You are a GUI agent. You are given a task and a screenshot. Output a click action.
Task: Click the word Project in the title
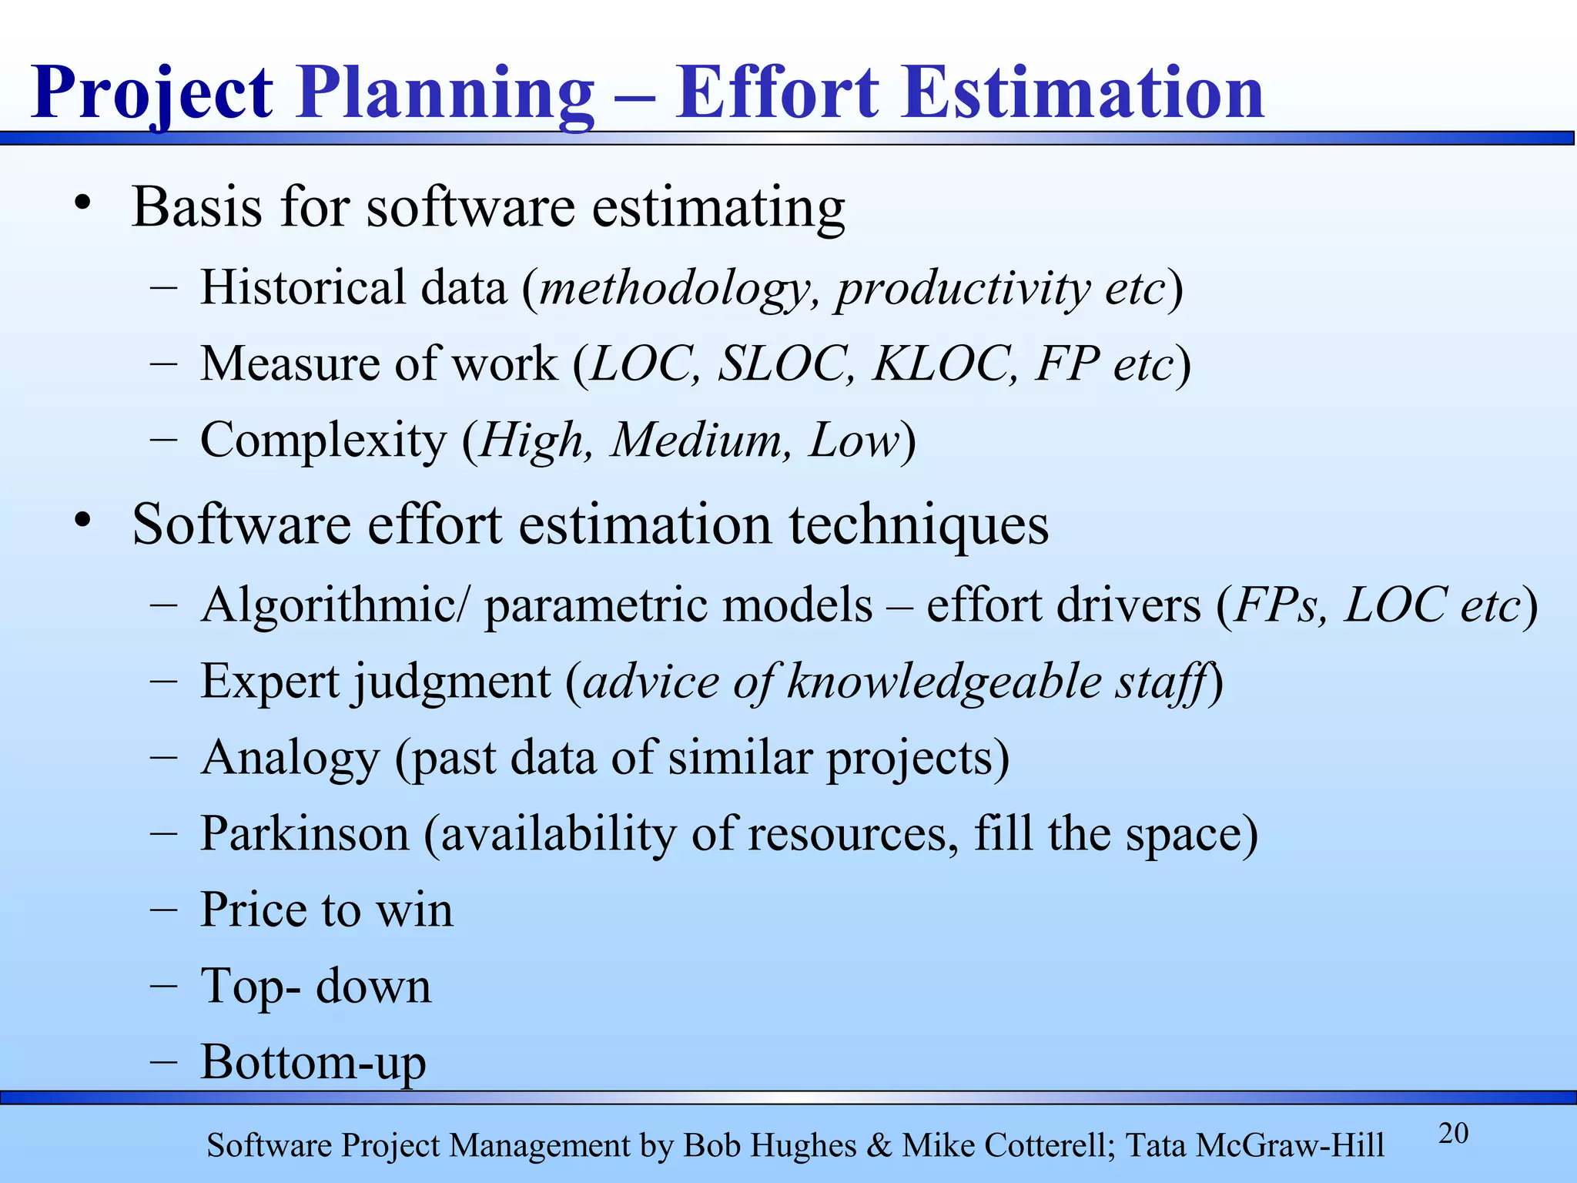coord(152,94)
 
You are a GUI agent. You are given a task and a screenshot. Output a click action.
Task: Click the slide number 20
coord(1453,1134)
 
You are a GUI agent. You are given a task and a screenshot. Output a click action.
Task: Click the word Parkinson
coord(304,833)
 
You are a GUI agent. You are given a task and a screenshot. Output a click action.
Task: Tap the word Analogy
coord(290,758)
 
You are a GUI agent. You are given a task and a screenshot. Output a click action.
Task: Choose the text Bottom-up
coord(313,1062)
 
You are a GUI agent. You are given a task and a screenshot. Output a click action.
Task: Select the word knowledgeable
coord(944,682)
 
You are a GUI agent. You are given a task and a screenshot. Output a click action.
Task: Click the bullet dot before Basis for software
coord(83,204)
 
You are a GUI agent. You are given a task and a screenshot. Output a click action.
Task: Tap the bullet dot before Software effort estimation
coord(83,521)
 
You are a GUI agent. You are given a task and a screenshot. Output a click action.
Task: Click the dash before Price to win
coord(164,910)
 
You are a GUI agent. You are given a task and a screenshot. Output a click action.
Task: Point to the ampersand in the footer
coord(879,1146)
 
